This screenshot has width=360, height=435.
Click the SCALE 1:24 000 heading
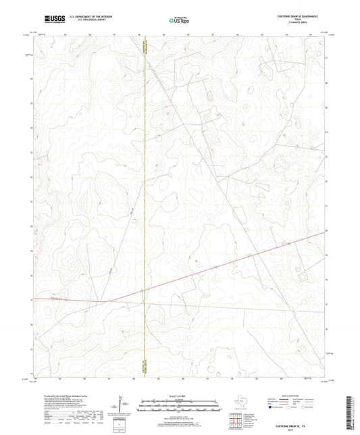[x=180, y=396]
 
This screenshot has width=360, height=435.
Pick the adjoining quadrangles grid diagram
[x=234, y=420]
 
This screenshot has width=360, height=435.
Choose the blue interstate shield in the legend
[x=272, y=408]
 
